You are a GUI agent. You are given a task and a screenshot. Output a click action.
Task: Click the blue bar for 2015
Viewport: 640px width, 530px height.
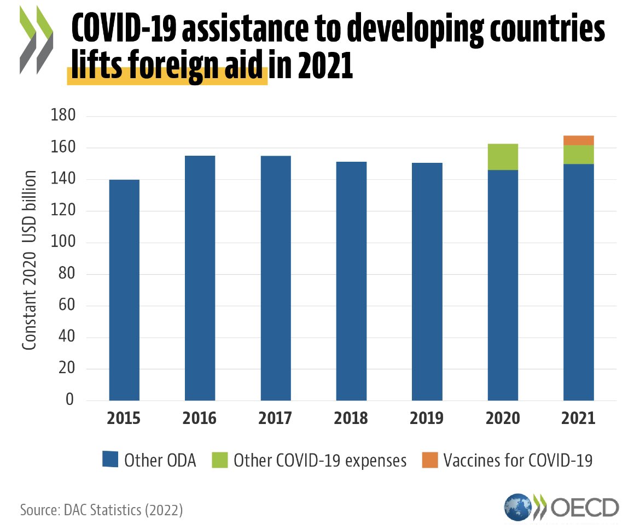(x=124, y=290)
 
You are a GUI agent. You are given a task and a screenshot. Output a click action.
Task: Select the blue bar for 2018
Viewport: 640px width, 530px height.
(x=351, y=281)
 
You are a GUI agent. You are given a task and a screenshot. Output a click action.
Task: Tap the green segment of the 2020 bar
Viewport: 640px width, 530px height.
(x=503, y=157)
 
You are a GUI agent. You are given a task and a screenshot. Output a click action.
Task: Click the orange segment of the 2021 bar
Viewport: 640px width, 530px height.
(x=579, y=140)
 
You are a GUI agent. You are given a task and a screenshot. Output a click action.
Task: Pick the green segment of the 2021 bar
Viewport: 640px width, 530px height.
(x=579, y=155)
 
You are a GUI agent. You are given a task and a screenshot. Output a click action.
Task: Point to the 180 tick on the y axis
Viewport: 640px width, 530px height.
(x=62, y=116)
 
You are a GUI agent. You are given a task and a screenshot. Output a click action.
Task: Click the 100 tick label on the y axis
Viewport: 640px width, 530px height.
(x=62, y=243)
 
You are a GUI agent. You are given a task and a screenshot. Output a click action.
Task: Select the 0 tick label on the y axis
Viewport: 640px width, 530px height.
(x=69, y=400)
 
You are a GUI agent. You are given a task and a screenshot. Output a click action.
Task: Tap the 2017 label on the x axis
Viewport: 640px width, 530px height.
(x=276, y=419)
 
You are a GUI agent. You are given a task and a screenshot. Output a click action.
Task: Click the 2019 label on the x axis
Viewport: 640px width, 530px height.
(x=427, y=419)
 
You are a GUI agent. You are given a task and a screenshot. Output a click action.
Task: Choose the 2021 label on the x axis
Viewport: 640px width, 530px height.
(x=579, y=419)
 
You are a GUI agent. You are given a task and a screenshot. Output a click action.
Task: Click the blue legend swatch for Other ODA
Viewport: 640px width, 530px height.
(x=110, y=460)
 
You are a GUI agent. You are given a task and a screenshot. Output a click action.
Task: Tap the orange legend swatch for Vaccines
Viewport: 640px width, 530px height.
(x=430, y=460)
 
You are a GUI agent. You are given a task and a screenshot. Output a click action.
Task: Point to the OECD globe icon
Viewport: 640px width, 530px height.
(x=517, y=507)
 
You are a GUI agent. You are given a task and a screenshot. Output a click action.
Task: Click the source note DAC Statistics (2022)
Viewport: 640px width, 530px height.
(x=101, y=510)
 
